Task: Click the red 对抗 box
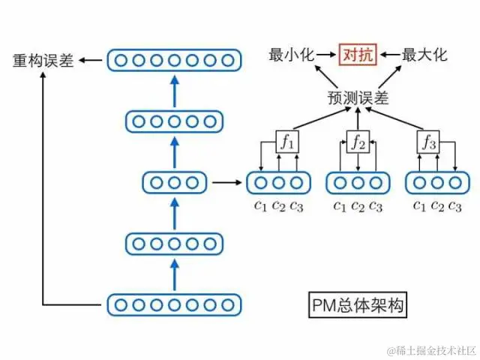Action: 358,55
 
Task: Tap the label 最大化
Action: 424,55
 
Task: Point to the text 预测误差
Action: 358,98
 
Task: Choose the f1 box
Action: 288,141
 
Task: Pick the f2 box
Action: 358,141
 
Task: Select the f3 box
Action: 428,141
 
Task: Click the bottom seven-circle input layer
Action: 174,304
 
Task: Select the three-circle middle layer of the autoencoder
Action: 174,181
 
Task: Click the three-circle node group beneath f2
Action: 358,182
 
